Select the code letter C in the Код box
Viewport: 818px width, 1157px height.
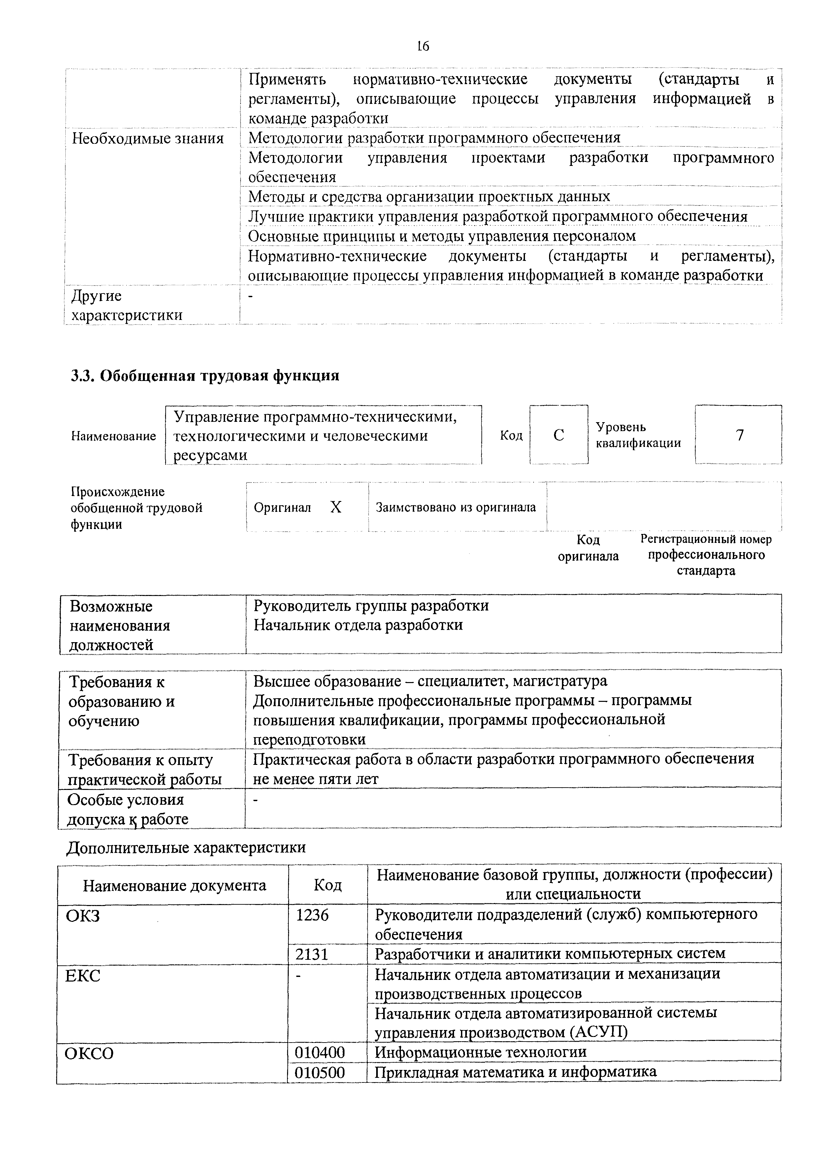tap(558, 435)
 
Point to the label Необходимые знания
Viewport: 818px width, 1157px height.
tap(148, 138)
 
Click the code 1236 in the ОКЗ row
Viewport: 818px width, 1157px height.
tap(312, 915)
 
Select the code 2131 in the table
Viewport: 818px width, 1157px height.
tap(312, 954)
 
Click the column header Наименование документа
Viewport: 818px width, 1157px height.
tap(174, 885)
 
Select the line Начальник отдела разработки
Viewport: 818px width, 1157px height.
tap(358, 625)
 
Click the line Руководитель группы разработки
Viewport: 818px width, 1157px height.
tap(371, 605)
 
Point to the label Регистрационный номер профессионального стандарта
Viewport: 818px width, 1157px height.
tap(705, 555)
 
